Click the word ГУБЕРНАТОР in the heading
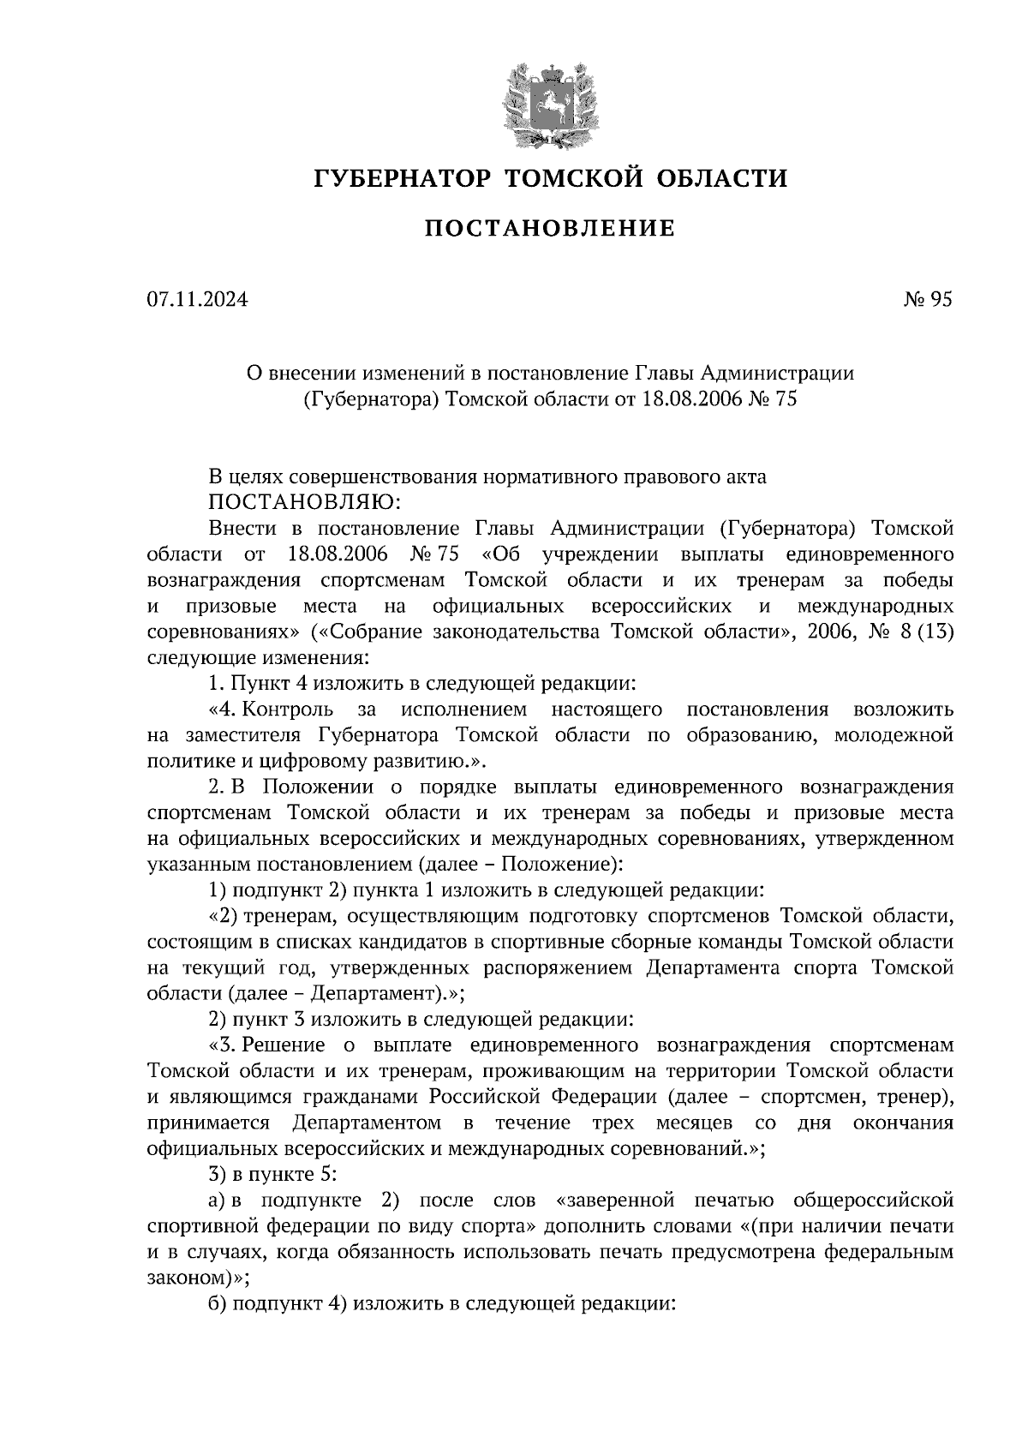(401, 178)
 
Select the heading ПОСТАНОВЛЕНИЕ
(549, 229)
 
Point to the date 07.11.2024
(196, 299)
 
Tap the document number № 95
(926, 299)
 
